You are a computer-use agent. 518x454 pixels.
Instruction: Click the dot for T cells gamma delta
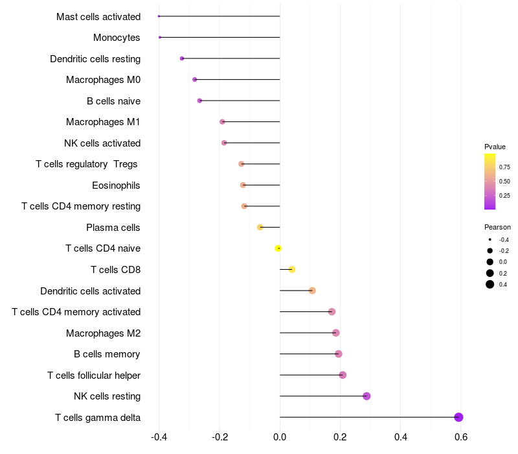coord(458,417)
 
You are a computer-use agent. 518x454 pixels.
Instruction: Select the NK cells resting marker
coord(366,396)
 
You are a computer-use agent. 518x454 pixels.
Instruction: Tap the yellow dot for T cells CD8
coord(292,269)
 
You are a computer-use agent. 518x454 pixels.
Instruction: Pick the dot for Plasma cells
coord(260,227)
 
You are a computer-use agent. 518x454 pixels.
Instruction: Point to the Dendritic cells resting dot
coord(182,58)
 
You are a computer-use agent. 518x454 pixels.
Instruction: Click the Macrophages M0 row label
coord(103,80)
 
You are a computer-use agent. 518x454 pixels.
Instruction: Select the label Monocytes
coord(117,38)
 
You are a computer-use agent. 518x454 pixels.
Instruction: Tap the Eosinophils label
coord(116,185)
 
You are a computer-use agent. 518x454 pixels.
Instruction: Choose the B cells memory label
coord(107,354)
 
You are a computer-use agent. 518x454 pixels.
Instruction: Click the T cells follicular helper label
coord(94,375)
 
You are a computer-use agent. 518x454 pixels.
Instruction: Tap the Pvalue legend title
coord(495,147)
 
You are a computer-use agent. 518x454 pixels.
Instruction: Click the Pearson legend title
coord(497,228)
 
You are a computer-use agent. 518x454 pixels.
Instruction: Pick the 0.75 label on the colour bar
coord(504,167)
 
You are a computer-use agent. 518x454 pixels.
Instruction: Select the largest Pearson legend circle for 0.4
coord(490,284)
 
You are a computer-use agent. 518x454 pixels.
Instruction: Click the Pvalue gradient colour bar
coord(490,182)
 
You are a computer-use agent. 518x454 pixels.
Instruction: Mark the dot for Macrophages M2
coord(335,333)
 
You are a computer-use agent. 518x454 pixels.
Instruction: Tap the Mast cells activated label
coord(98,16)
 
